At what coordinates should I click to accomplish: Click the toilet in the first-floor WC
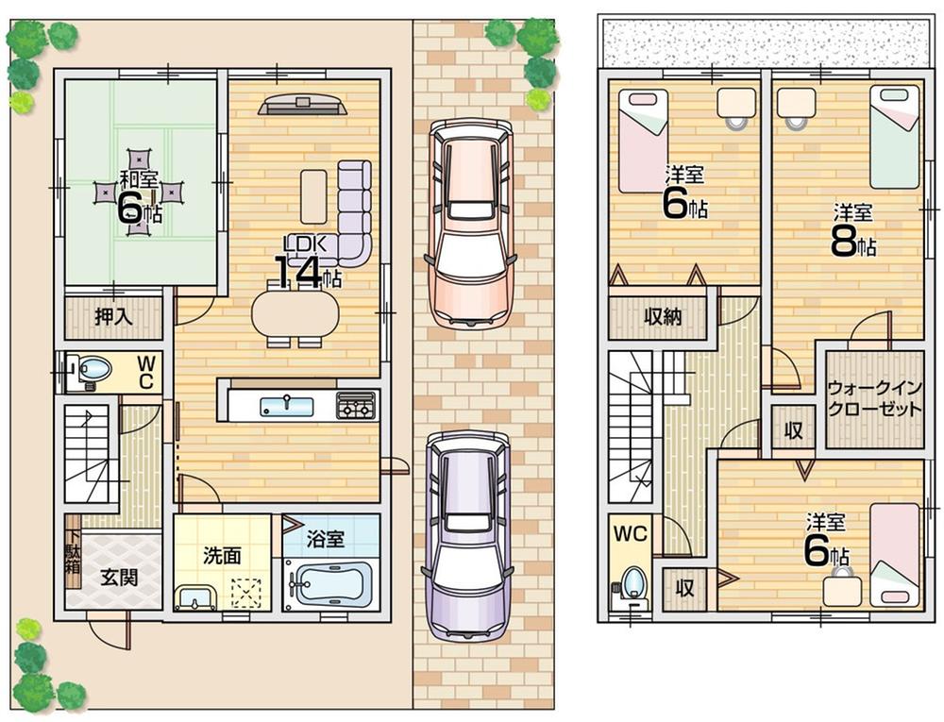coord(91,371)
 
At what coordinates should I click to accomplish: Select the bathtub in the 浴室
coord(332,583)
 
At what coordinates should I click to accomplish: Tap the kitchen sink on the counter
coord(286,406)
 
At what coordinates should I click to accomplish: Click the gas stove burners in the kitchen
coord(357,407)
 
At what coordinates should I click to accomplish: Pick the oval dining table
coord(295,313)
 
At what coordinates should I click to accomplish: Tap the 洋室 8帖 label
coord(853,231)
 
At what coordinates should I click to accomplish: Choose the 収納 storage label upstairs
coord(663,317)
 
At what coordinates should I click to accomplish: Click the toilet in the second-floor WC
coord(634,579)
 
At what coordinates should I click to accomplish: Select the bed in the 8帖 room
coord(894,137)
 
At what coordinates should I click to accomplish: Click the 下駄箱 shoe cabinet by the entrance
coord(73,563)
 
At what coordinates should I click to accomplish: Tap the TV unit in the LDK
coord(302,105)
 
